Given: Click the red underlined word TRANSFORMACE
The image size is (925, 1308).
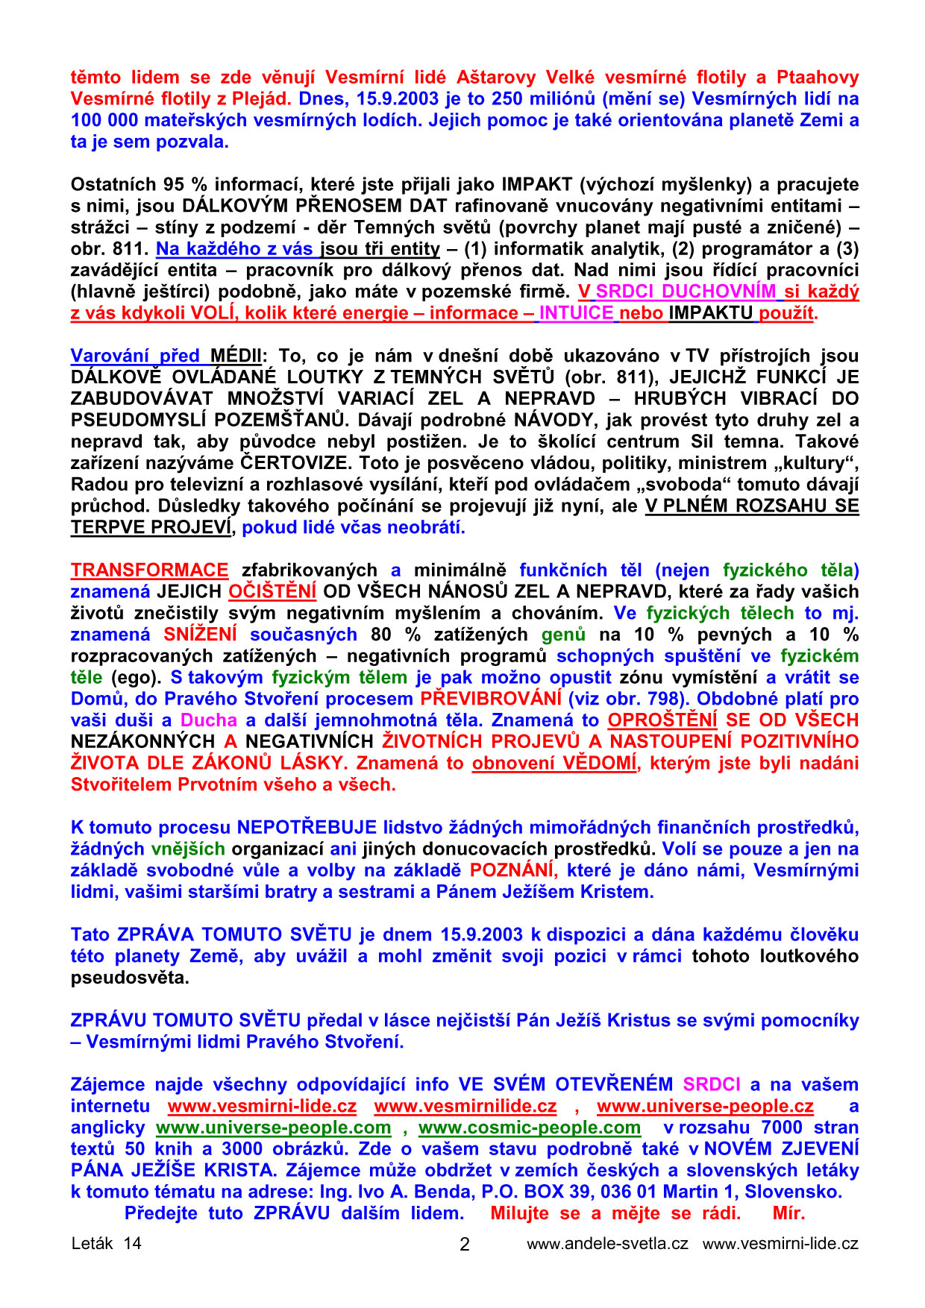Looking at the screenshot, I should tap(149, 570).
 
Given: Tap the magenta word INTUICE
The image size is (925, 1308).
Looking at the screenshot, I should tap(577, 313).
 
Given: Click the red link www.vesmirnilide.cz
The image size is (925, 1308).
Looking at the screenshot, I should tap(465, 1107).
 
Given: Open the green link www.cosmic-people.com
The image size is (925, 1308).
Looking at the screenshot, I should tap(529, 1128).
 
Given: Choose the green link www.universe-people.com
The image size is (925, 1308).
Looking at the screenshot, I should tap(273, 1128).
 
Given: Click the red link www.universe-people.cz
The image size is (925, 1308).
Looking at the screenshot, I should tap(704, 1107).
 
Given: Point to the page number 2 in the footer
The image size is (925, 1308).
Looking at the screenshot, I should tap(464, 1245).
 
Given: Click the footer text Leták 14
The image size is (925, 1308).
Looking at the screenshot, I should tap(106, 1244).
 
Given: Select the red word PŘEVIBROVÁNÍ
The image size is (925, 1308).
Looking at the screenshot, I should tap(490, 699).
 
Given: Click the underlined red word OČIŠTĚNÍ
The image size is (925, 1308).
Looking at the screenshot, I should tap(272, 592).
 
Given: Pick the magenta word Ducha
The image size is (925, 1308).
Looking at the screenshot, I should tap(209, 721).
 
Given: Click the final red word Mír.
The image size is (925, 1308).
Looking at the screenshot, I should tap(788, 1214).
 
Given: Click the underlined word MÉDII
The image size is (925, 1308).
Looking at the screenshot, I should tap(236, 356).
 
